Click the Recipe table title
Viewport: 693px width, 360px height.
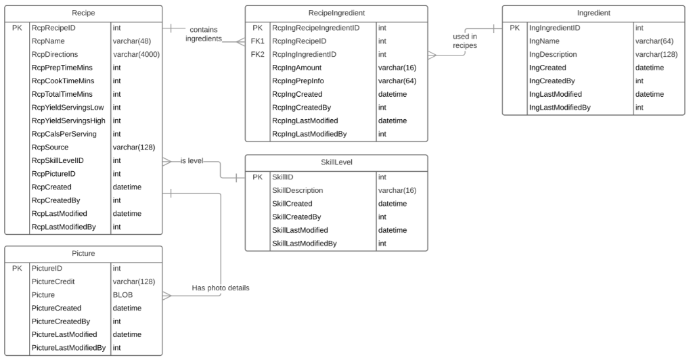coord(83,13)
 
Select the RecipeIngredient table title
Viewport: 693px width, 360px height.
coord(336,13)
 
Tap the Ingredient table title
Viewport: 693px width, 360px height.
coord(594,13)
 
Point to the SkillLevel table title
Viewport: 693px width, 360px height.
coord(336,162)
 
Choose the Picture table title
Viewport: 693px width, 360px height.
coord(83,254)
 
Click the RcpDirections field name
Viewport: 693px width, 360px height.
coord(55,54)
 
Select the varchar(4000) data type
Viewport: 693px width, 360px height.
coord(136,54)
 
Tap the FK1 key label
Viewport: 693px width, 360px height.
coord(257,41)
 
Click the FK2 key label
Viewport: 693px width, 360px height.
coord(257,54)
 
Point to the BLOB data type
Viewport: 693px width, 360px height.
coord(122,295)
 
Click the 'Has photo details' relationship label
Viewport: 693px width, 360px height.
coord(221,288)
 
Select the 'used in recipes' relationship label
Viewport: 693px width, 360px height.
coord(465,41)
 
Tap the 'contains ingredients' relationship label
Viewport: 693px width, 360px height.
coord(204,35)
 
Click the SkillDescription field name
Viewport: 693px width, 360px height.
coord(297,191)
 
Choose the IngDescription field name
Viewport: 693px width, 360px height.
coord(553,54)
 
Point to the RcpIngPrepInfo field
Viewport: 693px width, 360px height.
coord(298,81)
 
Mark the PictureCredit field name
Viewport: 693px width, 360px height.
coord(53,282)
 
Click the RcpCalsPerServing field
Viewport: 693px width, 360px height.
coord(64,134)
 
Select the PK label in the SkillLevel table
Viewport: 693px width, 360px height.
coord(257,177)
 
